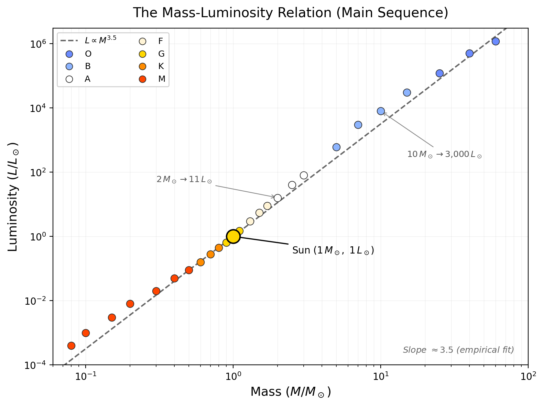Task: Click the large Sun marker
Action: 233,236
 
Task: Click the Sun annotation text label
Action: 333,250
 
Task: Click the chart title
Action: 291,13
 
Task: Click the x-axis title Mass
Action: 291,392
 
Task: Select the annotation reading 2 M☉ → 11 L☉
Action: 184,180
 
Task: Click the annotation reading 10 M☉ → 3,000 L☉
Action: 444,155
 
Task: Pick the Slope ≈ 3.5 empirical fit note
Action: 458,350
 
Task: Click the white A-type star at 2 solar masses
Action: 278,198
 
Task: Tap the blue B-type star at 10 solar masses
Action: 381,111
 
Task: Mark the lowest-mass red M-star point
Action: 71,346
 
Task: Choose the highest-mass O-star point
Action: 496,42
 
